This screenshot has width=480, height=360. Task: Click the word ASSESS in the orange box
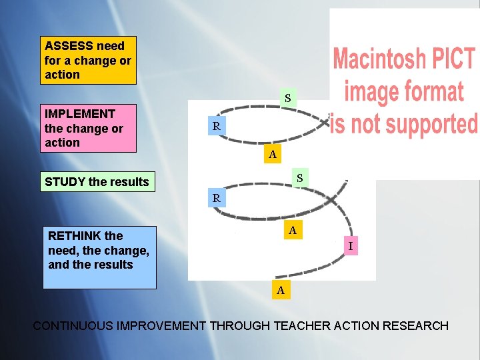[69, 46]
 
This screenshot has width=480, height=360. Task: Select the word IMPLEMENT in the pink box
[79, 114]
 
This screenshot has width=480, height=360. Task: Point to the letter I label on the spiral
[351, 247]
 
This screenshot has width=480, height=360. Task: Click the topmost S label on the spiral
[288, 99]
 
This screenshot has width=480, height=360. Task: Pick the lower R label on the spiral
[216, 198]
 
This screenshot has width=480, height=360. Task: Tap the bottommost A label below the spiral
[281, 290]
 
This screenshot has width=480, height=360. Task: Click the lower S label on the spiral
[300, 178]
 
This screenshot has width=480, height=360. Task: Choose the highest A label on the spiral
[271, 155]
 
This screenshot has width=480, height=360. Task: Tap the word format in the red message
[436, 91]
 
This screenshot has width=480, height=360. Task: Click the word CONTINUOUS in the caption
[73, 326]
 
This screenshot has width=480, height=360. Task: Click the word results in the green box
[129, 181]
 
